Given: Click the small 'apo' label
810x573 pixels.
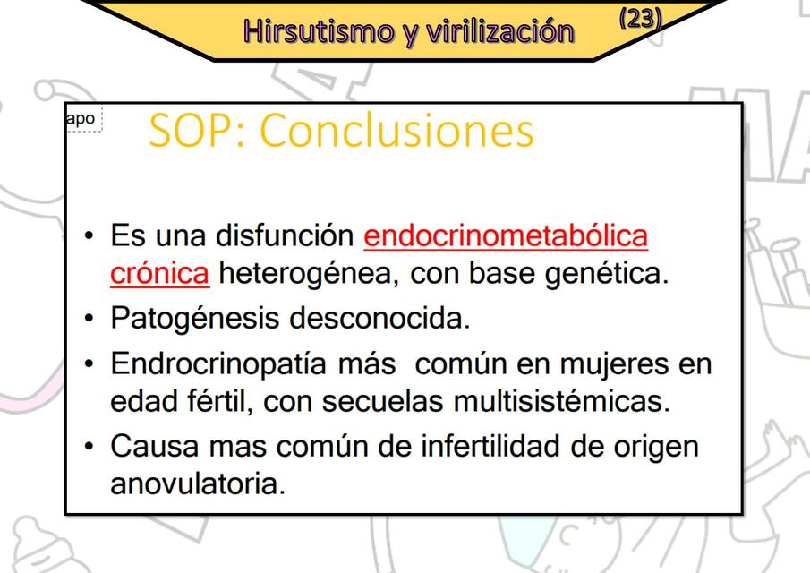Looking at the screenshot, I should click(81, 118).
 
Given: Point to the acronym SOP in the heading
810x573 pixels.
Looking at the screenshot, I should click(193, 131).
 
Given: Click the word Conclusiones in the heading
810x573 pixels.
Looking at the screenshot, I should click(396, 131).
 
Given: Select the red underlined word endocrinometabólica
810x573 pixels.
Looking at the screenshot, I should click(506, 236).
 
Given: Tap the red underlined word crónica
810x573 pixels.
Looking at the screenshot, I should click(159, 273).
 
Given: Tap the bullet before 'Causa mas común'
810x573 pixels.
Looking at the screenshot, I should click(88, 447).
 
